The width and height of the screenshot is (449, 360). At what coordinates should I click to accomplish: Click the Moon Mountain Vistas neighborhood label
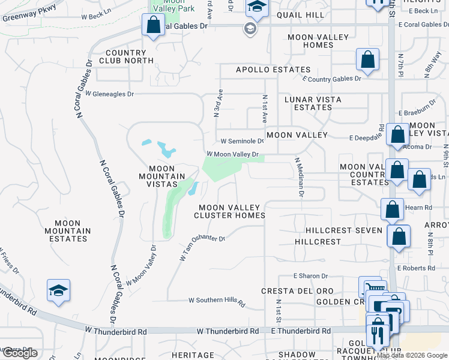162,176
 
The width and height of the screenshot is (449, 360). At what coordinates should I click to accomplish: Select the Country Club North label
127,56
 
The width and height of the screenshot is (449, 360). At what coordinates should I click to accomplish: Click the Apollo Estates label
273,70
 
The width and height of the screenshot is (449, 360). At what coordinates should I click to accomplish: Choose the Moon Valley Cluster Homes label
232,211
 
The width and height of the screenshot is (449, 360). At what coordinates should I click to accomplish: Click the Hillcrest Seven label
343,230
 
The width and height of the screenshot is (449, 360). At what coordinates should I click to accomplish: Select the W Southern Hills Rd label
217,301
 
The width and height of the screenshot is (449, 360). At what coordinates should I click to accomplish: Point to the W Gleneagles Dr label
109,94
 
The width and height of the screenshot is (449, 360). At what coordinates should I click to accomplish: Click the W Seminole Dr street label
242,142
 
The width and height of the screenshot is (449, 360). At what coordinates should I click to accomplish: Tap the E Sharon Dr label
311,276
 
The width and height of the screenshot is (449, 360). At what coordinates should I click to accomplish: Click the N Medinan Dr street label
300,177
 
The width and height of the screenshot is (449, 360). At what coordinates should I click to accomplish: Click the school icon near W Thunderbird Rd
59,290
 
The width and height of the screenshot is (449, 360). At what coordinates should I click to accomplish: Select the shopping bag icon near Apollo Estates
367,61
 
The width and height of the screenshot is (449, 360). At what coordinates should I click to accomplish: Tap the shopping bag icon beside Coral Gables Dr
153,25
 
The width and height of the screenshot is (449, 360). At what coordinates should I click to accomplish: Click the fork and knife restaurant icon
376,334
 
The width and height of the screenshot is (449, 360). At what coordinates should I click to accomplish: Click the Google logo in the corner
19,353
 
